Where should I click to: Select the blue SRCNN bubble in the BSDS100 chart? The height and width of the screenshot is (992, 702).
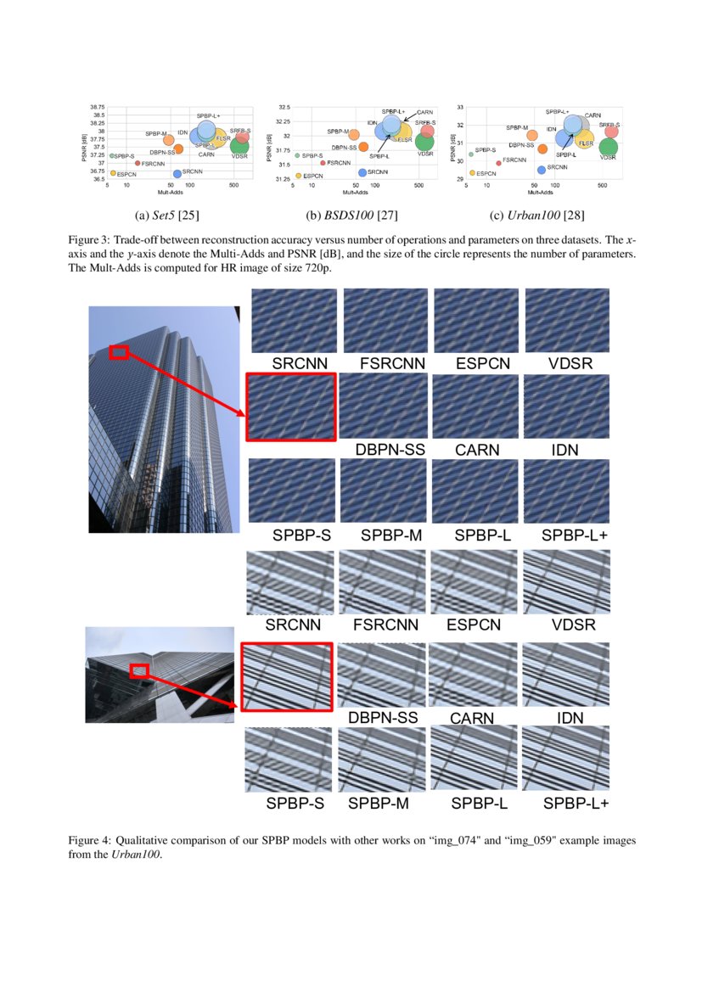pyautogui.click(x=362, y=172)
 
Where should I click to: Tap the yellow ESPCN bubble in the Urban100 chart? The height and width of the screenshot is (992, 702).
pyautogui.click(x=472, y=173)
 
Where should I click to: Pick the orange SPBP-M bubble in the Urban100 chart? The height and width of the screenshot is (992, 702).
pyautogui.click(x=532, y=135)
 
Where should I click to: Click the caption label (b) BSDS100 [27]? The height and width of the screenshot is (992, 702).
pyautogui.click(x=351, y=214)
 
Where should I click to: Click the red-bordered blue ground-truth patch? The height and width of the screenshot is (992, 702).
pyautogui.click(x=291, y=407)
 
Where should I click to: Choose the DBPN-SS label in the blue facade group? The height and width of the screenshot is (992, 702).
pyautogui.click(x=390, y=450)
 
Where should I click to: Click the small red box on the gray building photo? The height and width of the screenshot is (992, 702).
pyautogui.click(x=138, y=671)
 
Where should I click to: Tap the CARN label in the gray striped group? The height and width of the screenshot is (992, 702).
pyautogui.click(x=471, y=718)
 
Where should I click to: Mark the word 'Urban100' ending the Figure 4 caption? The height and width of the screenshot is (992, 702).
pyautogui.click(x=135, y=855)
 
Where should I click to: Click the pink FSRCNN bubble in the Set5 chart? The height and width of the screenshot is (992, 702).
pyautogui.click(x=137, y=163)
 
